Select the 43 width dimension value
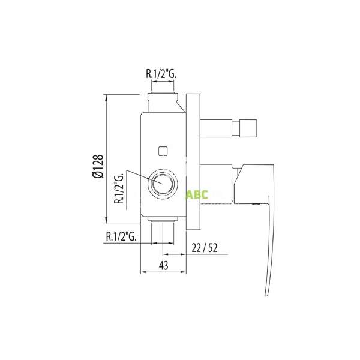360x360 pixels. (x=163, y=265)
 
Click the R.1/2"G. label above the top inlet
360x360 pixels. (x=163, y=75)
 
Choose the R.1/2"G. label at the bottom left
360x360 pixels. (x=122, y=236)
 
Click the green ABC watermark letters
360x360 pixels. (x=197, y=195)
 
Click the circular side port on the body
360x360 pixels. (x=163, y=183)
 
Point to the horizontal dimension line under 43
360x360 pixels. (x=163, y=273)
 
